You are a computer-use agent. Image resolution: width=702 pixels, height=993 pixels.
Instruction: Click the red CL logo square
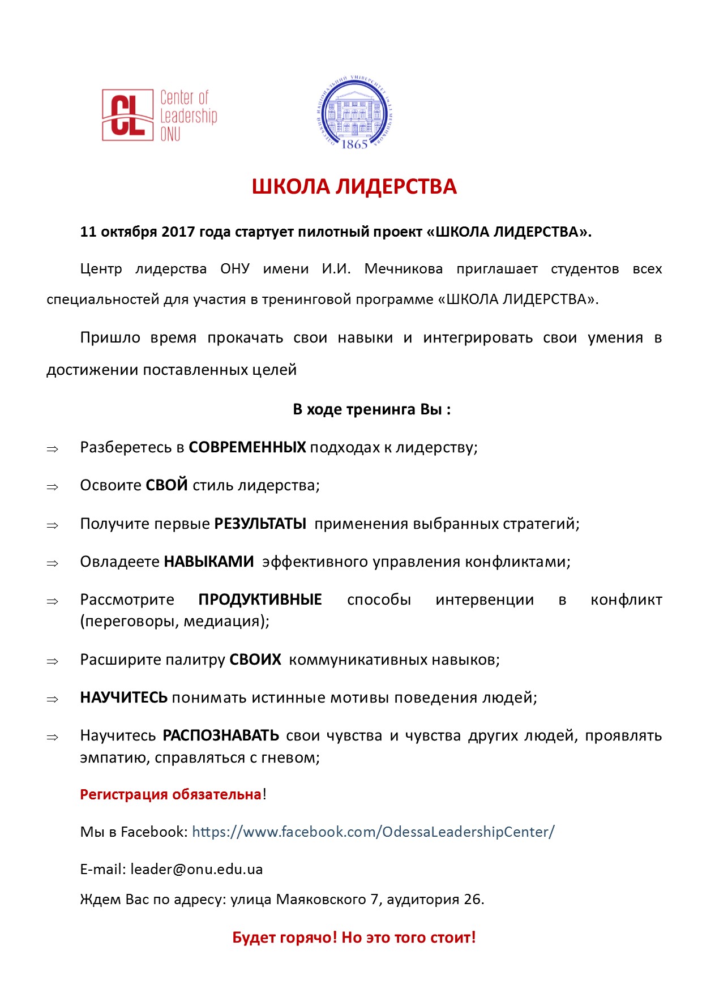[127, 115]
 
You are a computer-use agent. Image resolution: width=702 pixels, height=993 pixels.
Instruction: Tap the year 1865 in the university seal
[354, 144]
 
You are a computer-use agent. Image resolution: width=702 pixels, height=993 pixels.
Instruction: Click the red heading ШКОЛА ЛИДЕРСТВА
[354, 187]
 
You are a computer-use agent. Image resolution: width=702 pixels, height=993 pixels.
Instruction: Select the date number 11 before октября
[88, 232]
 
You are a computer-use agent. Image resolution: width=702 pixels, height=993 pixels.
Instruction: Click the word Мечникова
[403, 269]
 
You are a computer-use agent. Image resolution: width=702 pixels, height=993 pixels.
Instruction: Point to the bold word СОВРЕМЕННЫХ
[247, 447]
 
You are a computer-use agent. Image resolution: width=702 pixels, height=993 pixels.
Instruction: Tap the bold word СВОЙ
[166, 485]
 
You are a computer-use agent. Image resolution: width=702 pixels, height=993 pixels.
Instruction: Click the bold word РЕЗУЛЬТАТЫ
[260, 524]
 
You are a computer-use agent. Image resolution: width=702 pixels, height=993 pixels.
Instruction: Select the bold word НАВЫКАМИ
[208, 562]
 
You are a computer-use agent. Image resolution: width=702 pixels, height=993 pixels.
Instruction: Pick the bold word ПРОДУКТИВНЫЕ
[260, 600]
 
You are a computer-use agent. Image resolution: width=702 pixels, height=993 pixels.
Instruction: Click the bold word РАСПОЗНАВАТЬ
[221, 735]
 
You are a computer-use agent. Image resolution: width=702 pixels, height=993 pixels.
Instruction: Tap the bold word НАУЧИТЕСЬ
[123, 697]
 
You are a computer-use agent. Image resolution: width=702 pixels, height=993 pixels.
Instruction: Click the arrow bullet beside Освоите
[53, 487]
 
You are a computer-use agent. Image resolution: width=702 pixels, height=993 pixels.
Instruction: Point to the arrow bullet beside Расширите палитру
[53, 661]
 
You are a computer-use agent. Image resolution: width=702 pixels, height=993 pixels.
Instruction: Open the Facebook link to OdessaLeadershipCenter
[373, 832]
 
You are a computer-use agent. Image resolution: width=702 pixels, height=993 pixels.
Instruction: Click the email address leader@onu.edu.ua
[196, 869]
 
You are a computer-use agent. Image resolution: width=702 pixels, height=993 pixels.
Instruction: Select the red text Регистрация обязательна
[170, 794]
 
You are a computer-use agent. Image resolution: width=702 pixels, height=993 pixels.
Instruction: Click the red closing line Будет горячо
[354, 938]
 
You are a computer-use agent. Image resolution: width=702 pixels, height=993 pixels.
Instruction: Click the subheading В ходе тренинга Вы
[371, 409]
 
